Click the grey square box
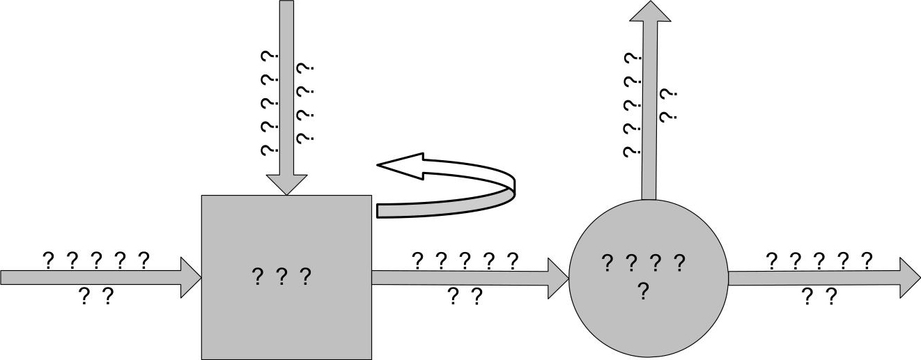click(x=286, y=320)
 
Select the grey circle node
click(x=648, y=320)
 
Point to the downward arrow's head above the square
click(x=286, y=182)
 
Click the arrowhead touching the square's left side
click(x=191, y=277)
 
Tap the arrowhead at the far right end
click(x=909, y=277)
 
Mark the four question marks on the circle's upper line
click(x=643, y=263)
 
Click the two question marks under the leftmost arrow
click(x=95, y=297)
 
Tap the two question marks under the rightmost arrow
click(x=819, y=297)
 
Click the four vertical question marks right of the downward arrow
click(x=305, y=103)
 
